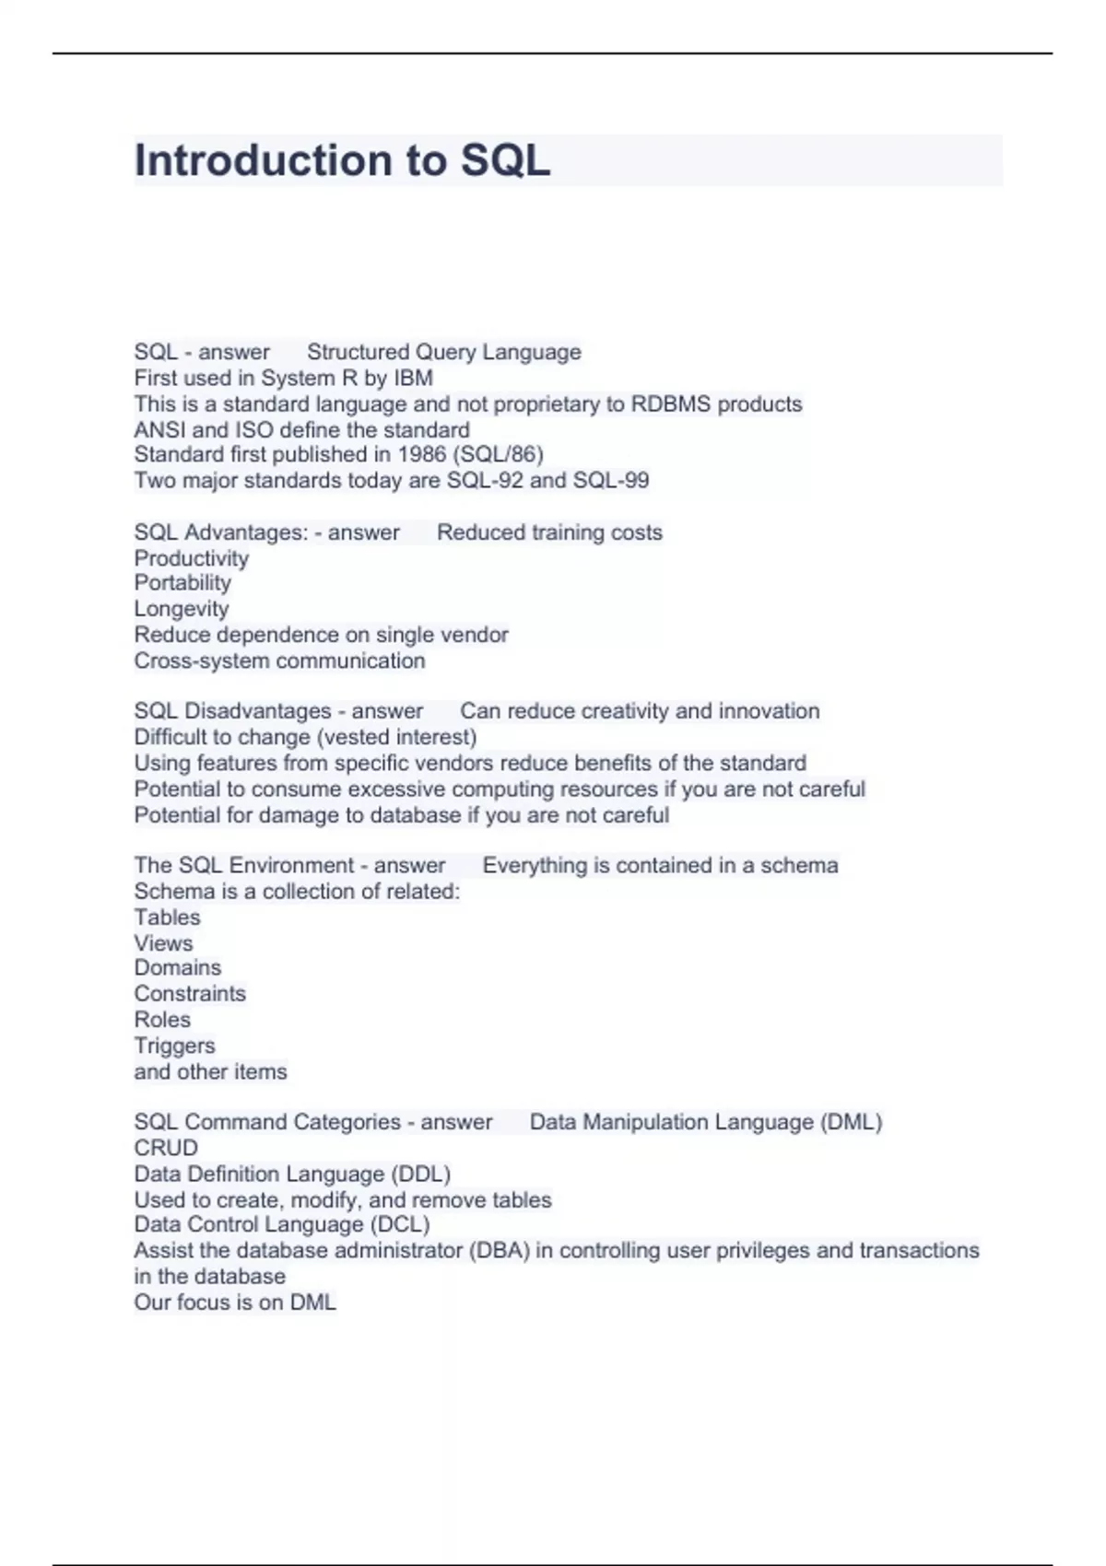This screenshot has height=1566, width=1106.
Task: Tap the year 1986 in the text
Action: [421, 454]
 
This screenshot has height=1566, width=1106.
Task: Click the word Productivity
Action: [192, 558]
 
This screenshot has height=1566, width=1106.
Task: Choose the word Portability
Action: [182, 582]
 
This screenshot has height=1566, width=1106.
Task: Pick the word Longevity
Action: [182, 609]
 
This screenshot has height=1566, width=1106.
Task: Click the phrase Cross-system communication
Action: [279, 660]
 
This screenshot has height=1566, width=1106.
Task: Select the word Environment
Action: [291, 865]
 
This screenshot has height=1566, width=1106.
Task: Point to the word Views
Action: [163, 943]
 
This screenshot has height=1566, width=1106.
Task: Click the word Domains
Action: [178, 967]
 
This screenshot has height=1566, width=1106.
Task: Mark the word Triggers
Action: [174, 1046]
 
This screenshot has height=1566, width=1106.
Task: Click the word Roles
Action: [162, 1020]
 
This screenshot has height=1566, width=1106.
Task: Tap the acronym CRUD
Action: [166, 1148]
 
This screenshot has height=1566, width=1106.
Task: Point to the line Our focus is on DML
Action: [235, 1302]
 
